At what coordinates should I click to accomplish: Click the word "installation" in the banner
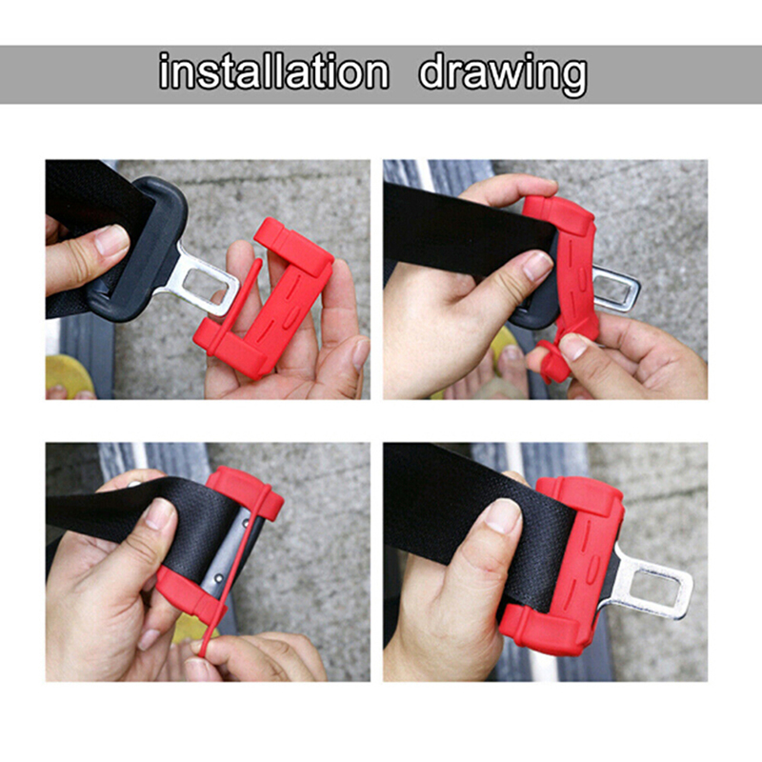pos(274,72)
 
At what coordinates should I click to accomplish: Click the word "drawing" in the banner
pos(503,74)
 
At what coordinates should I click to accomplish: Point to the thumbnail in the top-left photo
pos(111,240)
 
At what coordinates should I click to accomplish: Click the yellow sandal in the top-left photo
pos(68,375)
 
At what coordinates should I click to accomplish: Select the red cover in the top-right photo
pos(569,277)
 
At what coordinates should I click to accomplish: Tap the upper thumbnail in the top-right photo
pos(537,266)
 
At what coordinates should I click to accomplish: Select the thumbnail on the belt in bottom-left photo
pos(159,513)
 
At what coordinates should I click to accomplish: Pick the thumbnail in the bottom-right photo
pos(504,515)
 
